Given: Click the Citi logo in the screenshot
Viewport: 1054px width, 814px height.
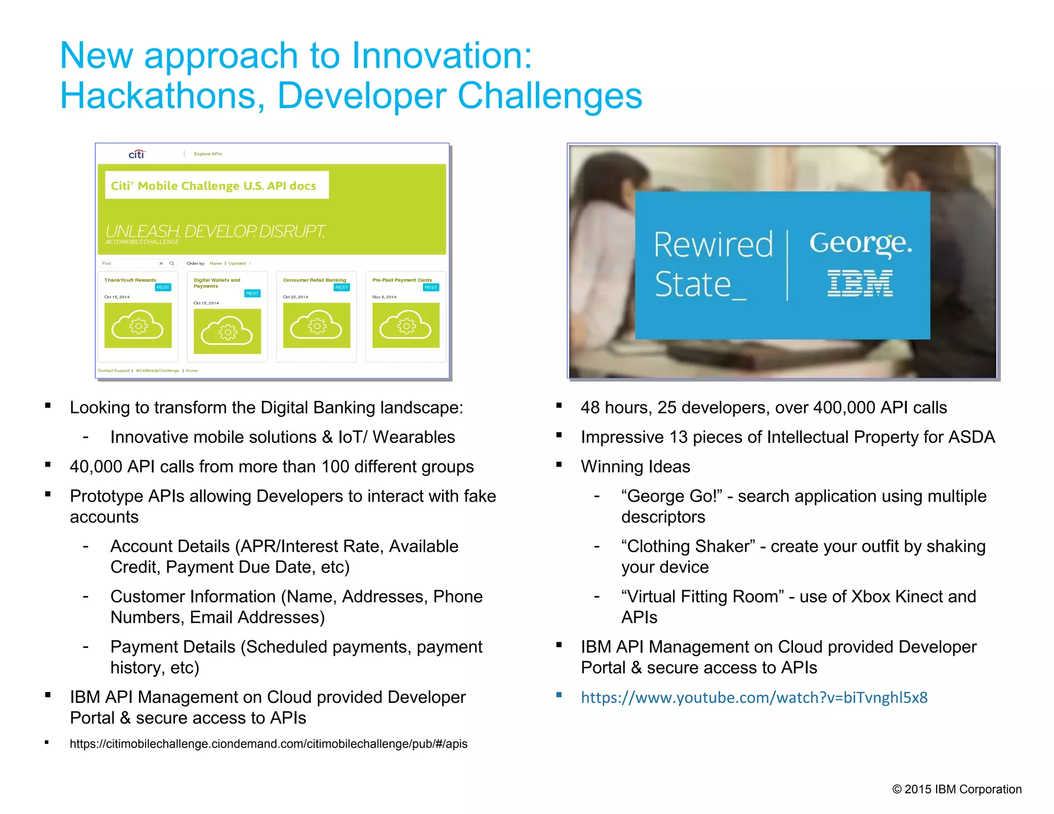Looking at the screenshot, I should coord(137,154).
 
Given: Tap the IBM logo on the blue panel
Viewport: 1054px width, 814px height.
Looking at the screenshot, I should coord(859,284).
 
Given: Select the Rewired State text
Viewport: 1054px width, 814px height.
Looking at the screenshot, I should coord(712,264).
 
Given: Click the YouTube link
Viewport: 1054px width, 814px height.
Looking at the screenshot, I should coord(754,697).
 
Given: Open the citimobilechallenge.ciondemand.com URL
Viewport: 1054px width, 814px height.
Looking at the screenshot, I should coord(268,744).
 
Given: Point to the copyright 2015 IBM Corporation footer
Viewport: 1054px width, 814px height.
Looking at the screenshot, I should coord(956,789).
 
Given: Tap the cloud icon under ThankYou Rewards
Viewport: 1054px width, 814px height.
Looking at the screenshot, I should coord(138,325).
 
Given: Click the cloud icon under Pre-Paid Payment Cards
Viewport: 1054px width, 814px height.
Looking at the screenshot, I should coord(406,325).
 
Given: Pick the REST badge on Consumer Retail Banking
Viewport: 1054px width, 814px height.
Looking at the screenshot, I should coord(341,287).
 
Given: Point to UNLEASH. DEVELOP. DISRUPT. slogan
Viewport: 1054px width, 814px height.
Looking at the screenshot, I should coord(215,231).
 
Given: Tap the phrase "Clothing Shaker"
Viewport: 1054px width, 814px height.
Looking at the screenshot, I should coord(688,546).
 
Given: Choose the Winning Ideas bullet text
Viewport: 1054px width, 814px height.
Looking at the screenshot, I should coord(635,466).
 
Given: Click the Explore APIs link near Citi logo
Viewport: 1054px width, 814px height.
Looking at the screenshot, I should coord(208,154).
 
